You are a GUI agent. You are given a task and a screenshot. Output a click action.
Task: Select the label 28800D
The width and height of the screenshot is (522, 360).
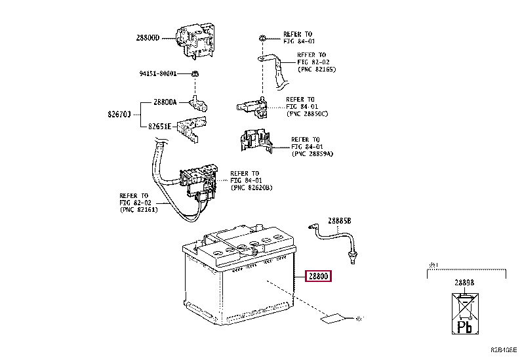148,38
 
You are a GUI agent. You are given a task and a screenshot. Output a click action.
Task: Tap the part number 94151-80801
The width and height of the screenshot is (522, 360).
158,73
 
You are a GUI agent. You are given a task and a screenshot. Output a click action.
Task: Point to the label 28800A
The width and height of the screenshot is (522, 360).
165,102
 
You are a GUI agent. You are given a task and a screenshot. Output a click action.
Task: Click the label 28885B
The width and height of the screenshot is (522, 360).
340,222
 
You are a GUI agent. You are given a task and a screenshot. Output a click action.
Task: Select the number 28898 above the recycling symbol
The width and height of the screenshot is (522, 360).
468,283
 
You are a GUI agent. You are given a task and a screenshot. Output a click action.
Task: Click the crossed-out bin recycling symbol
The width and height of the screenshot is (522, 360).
467,306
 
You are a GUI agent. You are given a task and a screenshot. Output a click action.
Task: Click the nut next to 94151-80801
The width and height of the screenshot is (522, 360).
196,73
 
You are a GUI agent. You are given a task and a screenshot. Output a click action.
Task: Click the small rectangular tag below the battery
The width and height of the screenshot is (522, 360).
331,319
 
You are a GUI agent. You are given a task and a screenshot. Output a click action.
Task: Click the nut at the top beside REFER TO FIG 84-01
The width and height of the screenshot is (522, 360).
261,37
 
